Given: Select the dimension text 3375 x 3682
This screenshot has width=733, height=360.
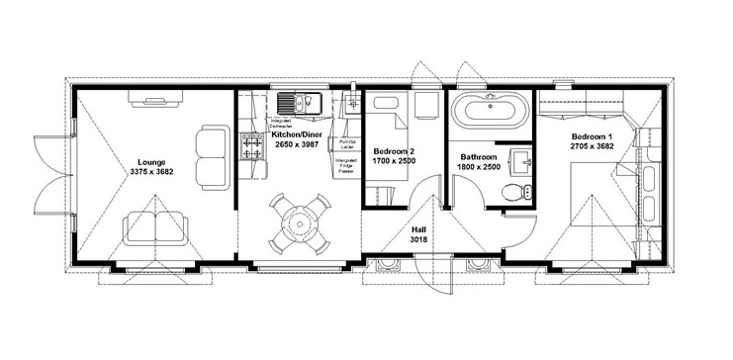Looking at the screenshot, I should click(151, 171).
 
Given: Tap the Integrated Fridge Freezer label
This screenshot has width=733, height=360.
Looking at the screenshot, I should click(346, 166).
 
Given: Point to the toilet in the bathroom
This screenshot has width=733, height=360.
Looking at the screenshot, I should click(514, 192).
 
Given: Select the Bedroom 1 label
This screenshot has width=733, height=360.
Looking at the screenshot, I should click(592, 135).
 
